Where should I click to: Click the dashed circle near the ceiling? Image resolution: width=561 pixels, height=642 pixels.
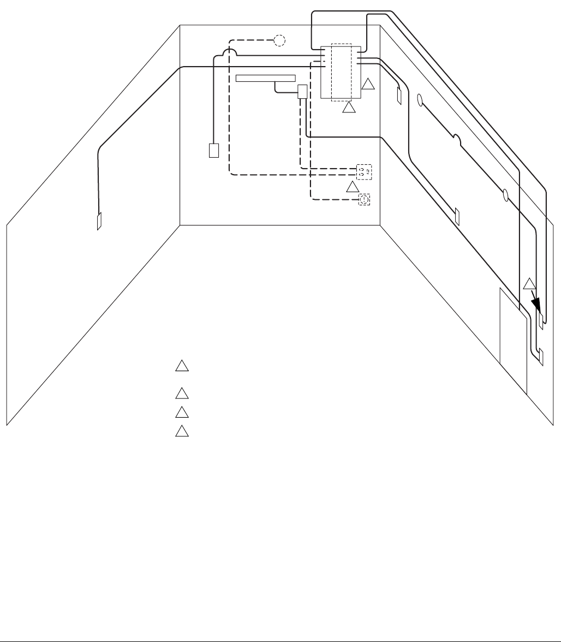(279, 40)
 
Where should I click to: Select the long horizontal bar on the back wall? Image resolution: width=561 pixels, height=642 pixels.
(265, 78)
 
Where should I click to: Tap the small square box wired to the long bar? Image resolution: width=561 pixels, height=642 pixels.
(302, 91)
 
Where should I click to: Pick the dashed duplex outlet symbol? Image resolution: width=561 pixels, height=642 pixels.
(364, 172)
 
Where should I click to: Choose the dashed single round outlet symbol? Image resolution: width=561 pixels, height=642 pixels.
(364, 200)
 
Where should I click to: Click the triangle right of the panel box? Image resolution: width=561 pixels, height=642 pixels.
(369, 84)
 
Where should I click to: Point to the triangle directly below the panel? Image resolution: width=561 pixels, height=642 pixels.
(349, 108)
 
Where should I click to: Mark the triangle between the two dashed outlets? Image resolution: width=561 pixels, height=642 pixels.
(353, 187)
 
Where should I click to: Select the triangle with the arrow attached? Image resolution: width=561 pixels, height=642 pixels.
(529, 283)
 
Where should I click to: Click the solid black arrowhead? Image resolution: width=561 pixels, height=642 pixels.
(538, 304)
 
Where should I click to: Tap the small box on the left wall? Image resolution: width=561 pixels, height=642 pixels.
(99, 221)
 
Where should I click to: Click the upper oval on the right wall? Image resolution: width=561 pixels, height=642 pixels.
(420, 100)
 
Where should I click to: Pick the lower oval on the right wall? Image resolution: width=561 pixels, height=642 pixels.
(505, 194)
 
